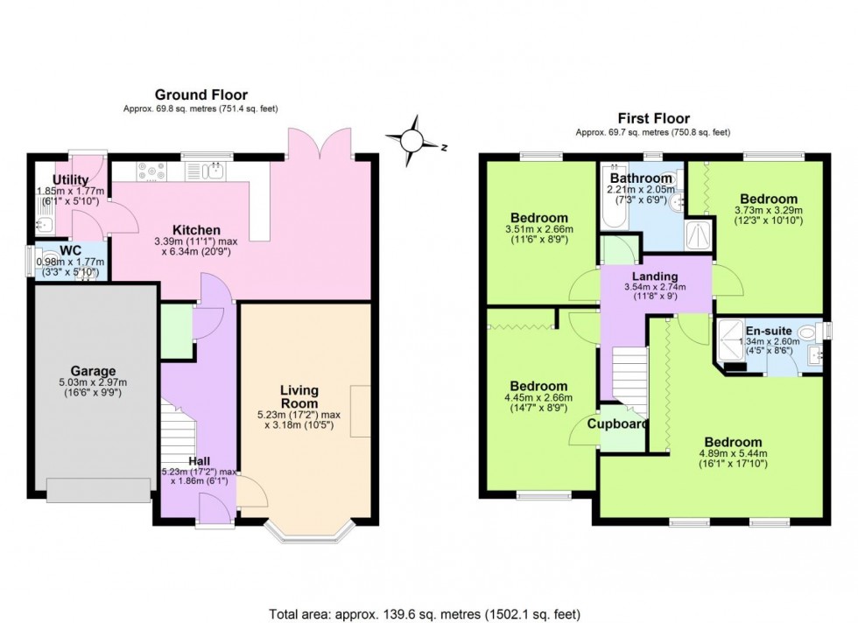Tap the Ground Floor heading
200,94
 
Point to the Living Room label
299,396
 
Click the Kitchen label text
195,230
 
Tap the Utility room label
71,179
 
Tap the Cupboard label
618,424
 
